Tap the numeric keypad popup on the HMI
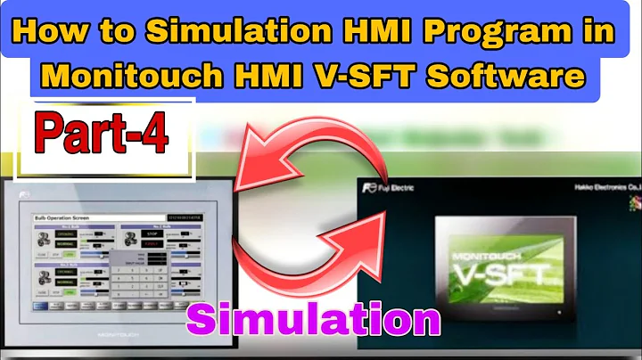pyautogui.click(x=135, y=276)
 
